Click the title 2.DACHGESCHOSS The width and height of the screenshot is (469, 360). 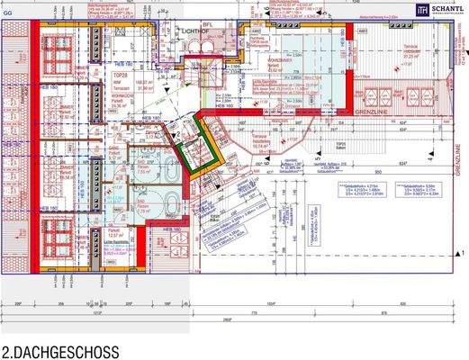pos(59,350)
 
